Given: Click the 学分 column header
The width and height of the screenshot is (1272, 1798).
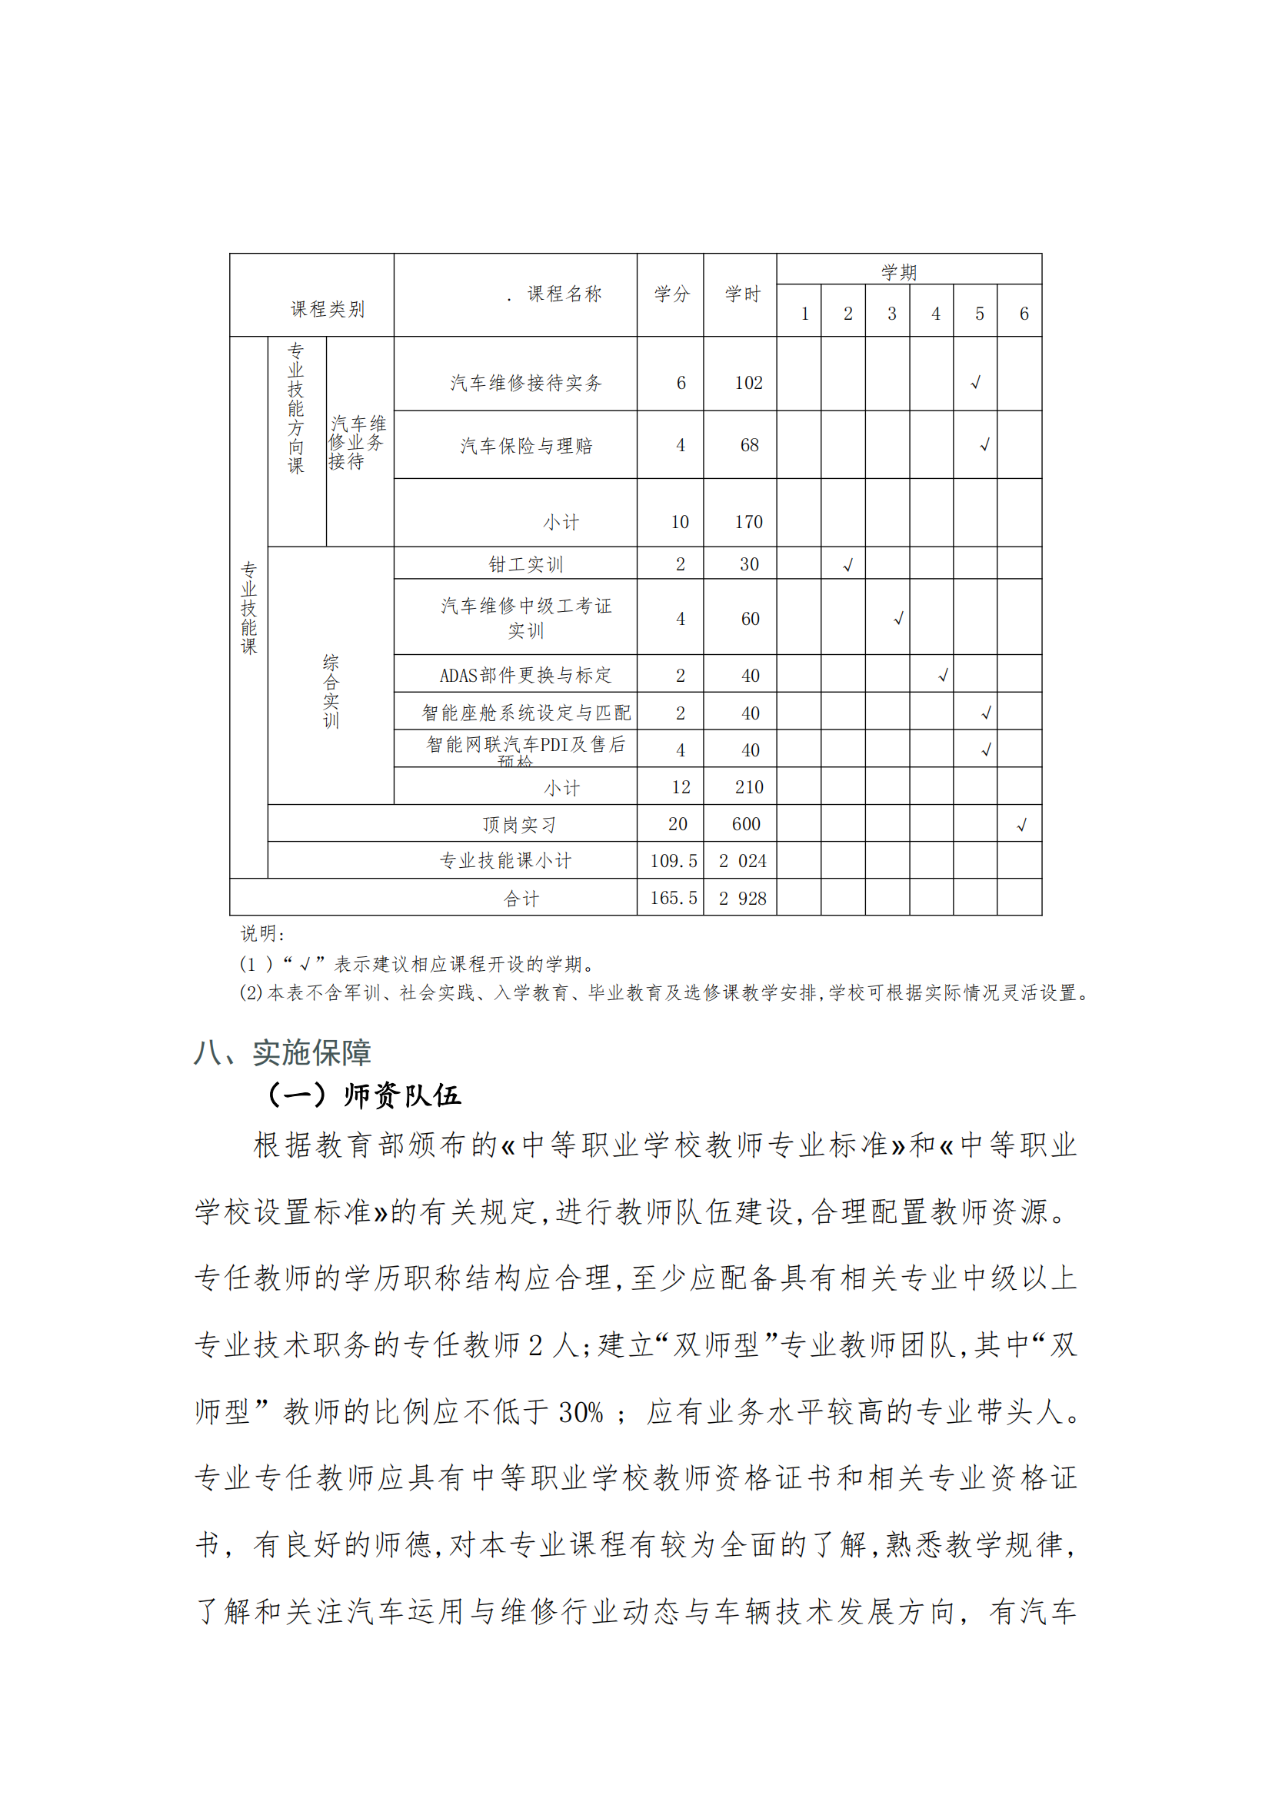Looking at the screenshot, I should pos(671,294).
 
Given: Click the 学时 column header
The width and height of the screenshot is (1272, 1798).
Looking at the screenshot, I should pos(741,294).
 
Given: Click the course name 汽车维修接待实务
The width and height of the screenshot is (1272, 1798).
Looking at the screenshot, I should pos(525,383).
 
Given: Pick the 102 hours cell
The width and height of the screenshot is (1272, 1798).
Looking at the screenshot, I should pos(748,383).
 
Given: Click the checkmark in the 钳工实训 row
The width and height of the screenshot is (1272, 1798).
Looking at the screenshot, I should pos(847,566).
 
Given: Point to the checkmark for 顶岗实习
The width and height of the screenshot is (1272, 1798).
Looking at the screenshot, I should pos(1021,826).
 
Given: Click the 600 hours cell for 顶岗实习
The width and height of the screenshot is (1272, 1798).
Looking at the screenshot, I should pos(746,824).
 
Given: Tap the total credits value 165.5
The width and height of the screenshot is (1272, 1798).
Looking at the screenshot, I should pos(673,898).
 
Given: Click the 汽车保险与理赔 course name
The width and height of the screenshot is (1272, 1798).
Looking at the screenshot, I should pos(525,446).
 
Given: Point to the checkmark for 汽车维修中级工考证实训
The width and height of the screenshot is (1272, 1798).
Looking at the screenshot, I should pos(898,619).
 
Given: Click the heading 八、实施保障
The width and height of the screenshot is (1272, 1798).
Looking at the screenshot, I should pos(282,1052).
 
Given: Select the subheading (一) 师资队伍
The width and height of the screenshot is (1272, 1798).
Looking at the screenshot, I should pos(365,1095).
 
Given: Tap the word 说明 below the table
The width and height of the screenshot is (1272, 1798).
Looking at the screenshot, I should pos(261,933).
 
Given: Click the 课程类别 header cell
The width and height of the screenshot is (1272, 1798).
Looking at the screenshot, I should pos(328,309).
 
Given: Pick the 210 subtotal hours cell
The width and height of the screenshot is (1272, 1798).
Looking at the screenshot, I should pos(748,787).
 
